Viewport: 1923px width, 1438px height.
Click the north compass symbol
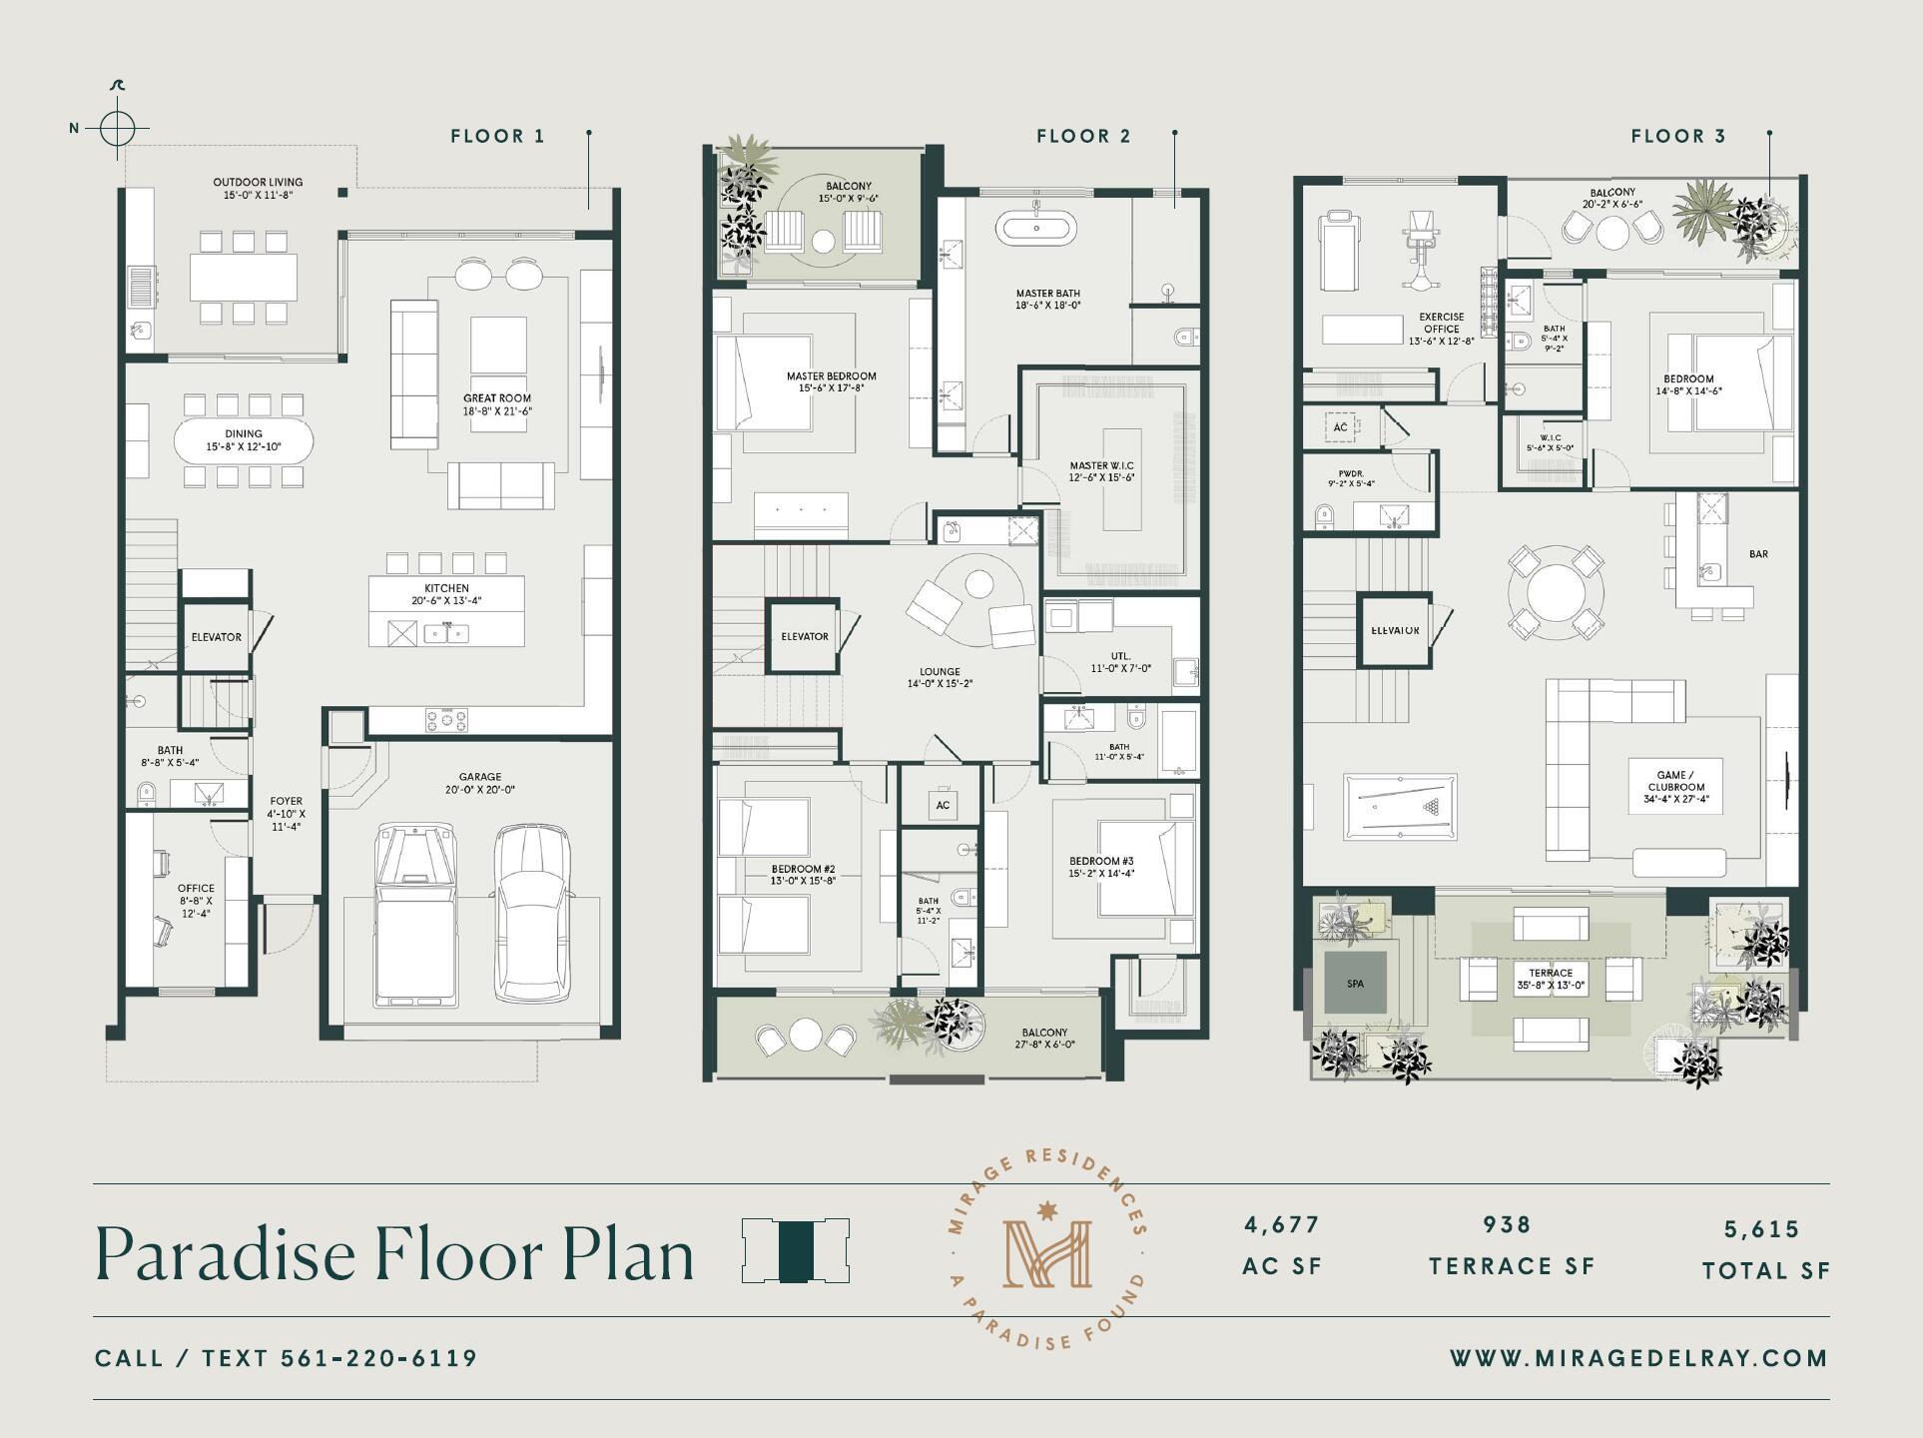point(117,128)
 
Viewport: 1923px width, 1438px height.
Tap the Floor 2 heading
point(1083,136)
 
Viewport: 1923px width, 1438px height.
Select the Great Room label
point(496,398)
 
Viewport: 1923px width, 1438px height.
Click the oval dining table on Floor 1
point(243,440)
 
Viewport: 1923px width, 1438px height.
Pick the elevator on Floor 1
point(216,636)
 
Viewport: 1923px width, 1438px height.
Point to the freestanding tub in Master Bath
point(1036,229)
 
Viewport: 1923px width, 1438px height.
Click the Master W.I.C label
point(1101,465)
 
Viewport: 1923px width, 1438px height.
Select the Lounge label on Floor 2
point(940,672)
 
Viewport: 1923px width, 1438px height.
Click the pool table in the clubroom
point(1399,806)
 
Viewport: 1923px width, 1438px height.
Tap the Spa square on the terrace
point(1355,984)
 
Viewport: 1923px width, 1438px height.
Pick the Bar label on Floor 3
point(1758,554)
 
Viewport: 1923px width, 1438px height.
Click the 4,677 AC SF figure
point(1282,1225)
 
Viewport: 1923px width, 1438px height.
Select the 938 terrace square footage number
point(1506,1225)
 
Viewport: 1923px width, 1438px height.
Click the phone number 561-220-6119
point(378,1358)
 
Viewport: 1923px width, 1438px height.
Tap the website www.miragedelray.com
point(1638,1358)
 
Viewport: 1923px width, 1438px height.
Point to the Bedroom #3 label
point(1100,861)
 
